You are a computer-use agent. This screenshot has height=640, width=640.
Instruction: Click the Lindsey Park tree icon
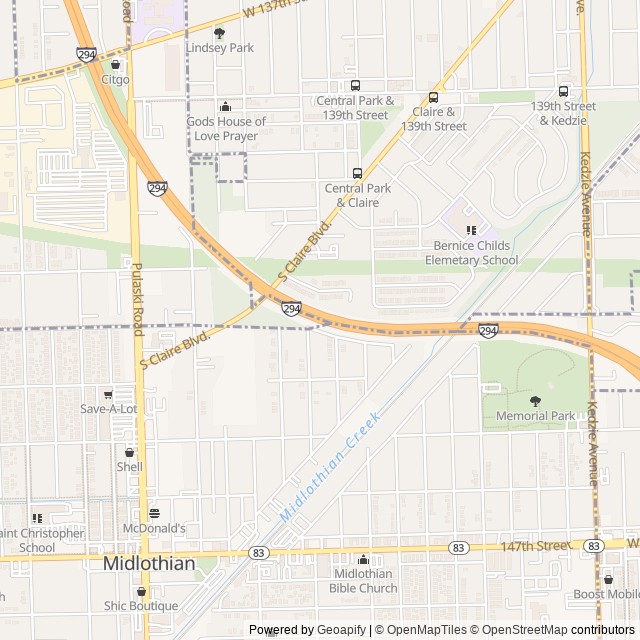[x=219, y=33]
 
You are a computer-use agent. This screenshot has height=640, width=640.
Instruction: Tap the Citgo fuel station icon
[x=115, y=65]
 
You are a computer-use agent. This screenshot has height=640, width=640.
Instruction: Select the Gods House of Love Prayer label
[x=226, y=128]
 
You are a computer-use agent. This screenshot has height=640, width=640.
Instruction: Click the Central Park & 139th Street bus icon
[x=354, y=86]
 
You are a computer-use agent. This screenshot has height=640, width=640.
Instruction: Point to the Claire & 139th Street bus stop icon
[x=433, y=98]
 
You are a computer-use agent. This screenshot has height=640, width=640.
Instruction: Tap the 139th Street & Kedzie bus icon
[x=563, y=91]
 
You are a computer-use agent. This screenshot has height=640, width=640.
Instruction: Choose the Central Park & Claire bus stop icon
[x=357, y=173]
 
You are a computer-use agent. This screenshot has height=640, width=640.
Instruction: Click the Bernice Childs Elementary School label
[x=471, y=253]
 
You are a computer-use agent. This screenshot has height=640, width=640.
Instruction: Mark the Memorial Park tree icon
[x=535, y=401]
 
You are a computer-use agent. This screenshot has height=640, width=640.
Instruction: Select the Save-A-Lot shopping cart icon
[x=108, y=395]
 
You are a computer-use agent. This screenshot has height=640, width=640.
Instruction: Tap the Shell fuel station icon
[x=129, y=452]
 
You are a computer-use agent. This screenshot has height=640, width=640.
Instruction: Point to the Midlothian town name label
[x=149, y=564]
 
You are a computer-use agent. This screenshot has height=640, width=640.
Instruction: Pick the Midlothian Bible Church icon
[x=363, y=560]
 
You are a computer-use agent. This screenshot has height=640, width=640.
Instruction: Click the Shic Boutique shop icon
[x=140, y=591]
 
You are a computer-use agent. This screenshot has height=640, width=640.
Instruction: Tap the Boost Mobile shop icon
[x=608, y=579]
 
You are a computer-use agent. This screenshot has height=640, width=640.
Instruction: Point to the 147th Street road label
[x=536, y=546]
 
